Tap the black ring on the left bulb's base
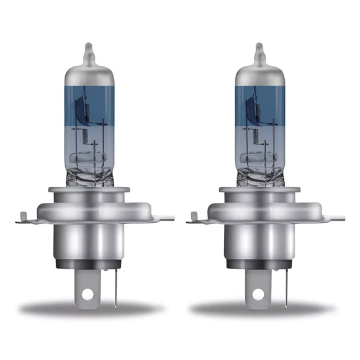89,264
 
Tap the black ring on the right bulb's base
261,264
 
